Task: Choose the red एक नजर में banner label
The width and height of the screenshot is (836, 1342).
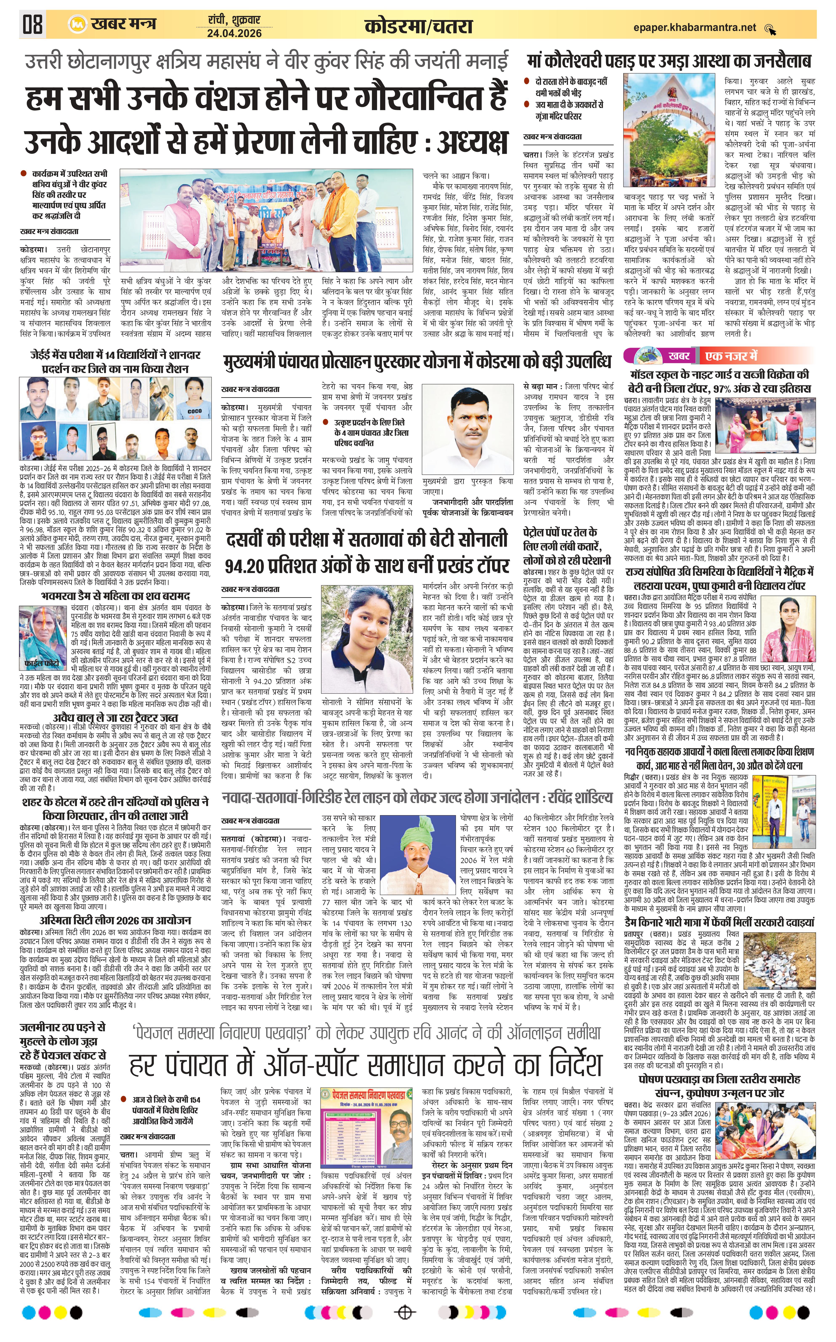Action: [x=731, y=355]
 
